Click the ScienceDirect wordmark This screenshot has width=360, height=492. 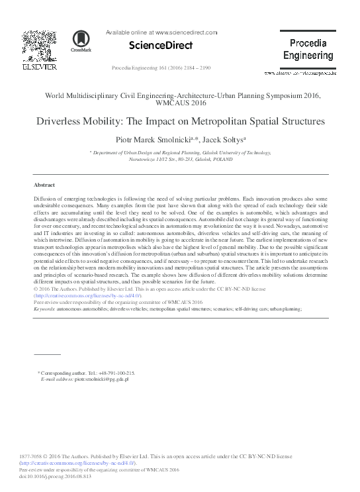coord(160,46)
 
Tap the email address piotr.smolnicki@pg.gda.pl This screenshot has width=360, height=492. coord(101,379)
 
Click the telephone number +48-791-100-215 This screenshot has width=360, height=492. coord(114,373)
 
